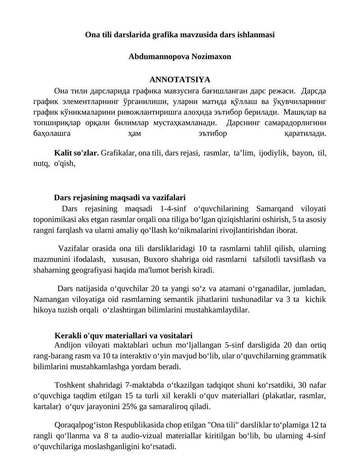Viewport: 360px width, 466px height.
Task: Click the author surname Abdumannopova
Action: click(x=153, y=57)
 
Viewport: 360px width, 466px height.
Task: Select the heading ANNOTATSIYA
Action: click(x=180, y=80)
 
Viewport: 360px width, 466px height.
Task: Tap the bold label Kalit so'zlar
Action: click(x=76, y=153)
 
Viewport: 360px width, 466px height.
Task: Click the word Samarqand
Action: click(x=274, y=209)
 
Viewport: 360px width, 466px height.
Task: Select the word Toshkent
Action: click(x=69, y=385)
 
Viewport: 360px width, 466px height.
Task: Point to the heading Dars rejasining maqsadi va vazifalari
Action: click(x=120, y=197)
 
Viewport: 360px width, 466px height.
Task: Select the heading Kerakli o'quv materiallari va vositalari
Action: click(x=123, y=335)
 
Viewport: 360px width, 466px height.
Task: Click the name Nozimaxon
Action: click(x=205, y=57)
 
